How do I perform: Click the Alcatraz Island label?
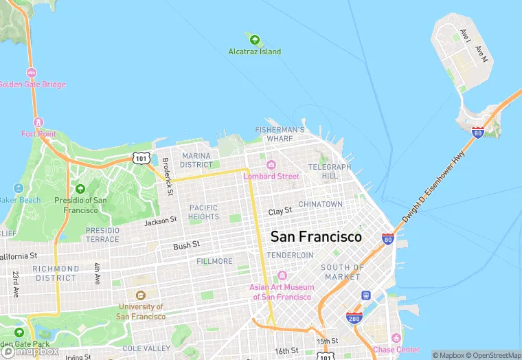[x=255, y=52]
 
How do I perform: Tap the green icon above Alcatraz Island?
[x=255, y=39]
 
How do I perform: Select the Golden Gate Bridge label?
[x=32, y=85]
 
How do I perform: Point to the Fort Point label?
[x=38, y=134]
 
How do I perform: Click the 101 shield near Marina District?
[x=141, y=159]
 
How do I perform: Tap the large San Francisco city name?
[x=316, y=236]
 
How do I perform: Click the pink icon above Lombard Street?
[x=271, y=165]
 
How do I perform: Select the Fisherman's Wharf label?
[x=280, y=134]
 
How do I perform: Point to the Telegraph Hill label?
[x=330, y=171]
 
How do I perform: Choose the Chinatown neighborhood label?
[x=320, y=204]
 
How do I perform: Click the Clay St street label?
[x=280, y=211]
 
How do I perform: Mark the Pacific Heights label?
[x=203, y=212]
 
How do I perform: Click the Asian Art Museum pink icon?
[x=282, y=275]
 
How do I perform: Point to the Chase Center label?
[x=396, y=350]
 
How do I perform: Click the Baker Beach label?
[x=20, y=200]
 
